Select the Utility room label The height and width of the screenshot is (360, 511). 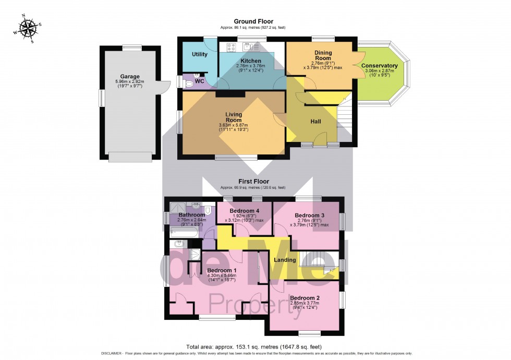click(200, 54)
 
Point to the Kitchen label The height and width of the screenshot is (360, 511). click(250, 61)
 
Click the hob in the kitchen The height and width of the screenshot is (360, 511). click(231, 47)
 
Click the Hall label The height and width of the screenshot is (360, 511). click(315, 122)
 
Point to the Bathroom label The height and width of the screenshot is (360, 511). click(192, 215)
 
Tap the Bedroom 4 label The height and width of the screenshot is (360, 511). click(244, 210)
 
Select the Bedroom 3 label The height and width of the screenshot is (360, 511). click(310, 215)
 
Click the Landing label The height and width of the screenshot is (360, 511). click(285, 260)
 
